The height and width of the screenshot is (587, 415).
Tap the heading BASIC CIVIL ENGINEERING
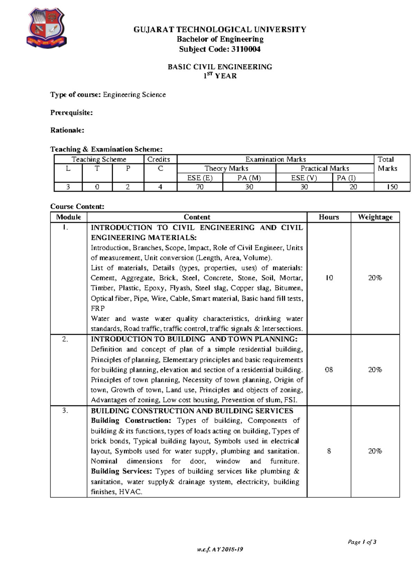[220, 67]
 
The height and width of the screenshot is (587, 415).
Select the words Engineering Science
[134, 94]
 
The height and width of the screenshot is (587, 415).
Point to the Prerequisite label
[71, 112]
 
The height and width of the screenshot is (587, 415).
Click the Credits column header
[159, 159]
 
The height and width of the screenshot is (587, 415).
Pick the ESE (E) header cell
[200, 178]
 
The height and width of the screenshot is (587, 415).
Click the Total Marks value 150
[392, 187]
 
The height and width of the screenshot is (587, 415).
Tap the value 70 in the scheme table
[200, 187]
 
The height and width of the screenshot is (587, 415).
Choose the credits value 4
[160, 187]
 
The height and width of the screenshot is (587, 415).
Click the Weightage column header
[375, 217]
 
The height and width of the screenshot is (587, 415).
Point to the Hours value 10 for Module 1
[329, 278]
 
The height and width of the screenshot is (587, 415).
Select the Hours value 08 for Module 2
[329, 370]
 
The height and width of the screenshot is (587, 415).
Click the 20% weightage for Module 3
[375, 451]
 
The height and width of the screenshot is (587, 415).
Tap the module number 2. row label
[65, 339]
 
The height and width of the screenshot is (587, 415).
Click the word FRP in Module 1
[98, 308]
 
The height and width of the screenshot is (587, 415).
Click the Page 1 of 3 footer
[362, 542]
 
